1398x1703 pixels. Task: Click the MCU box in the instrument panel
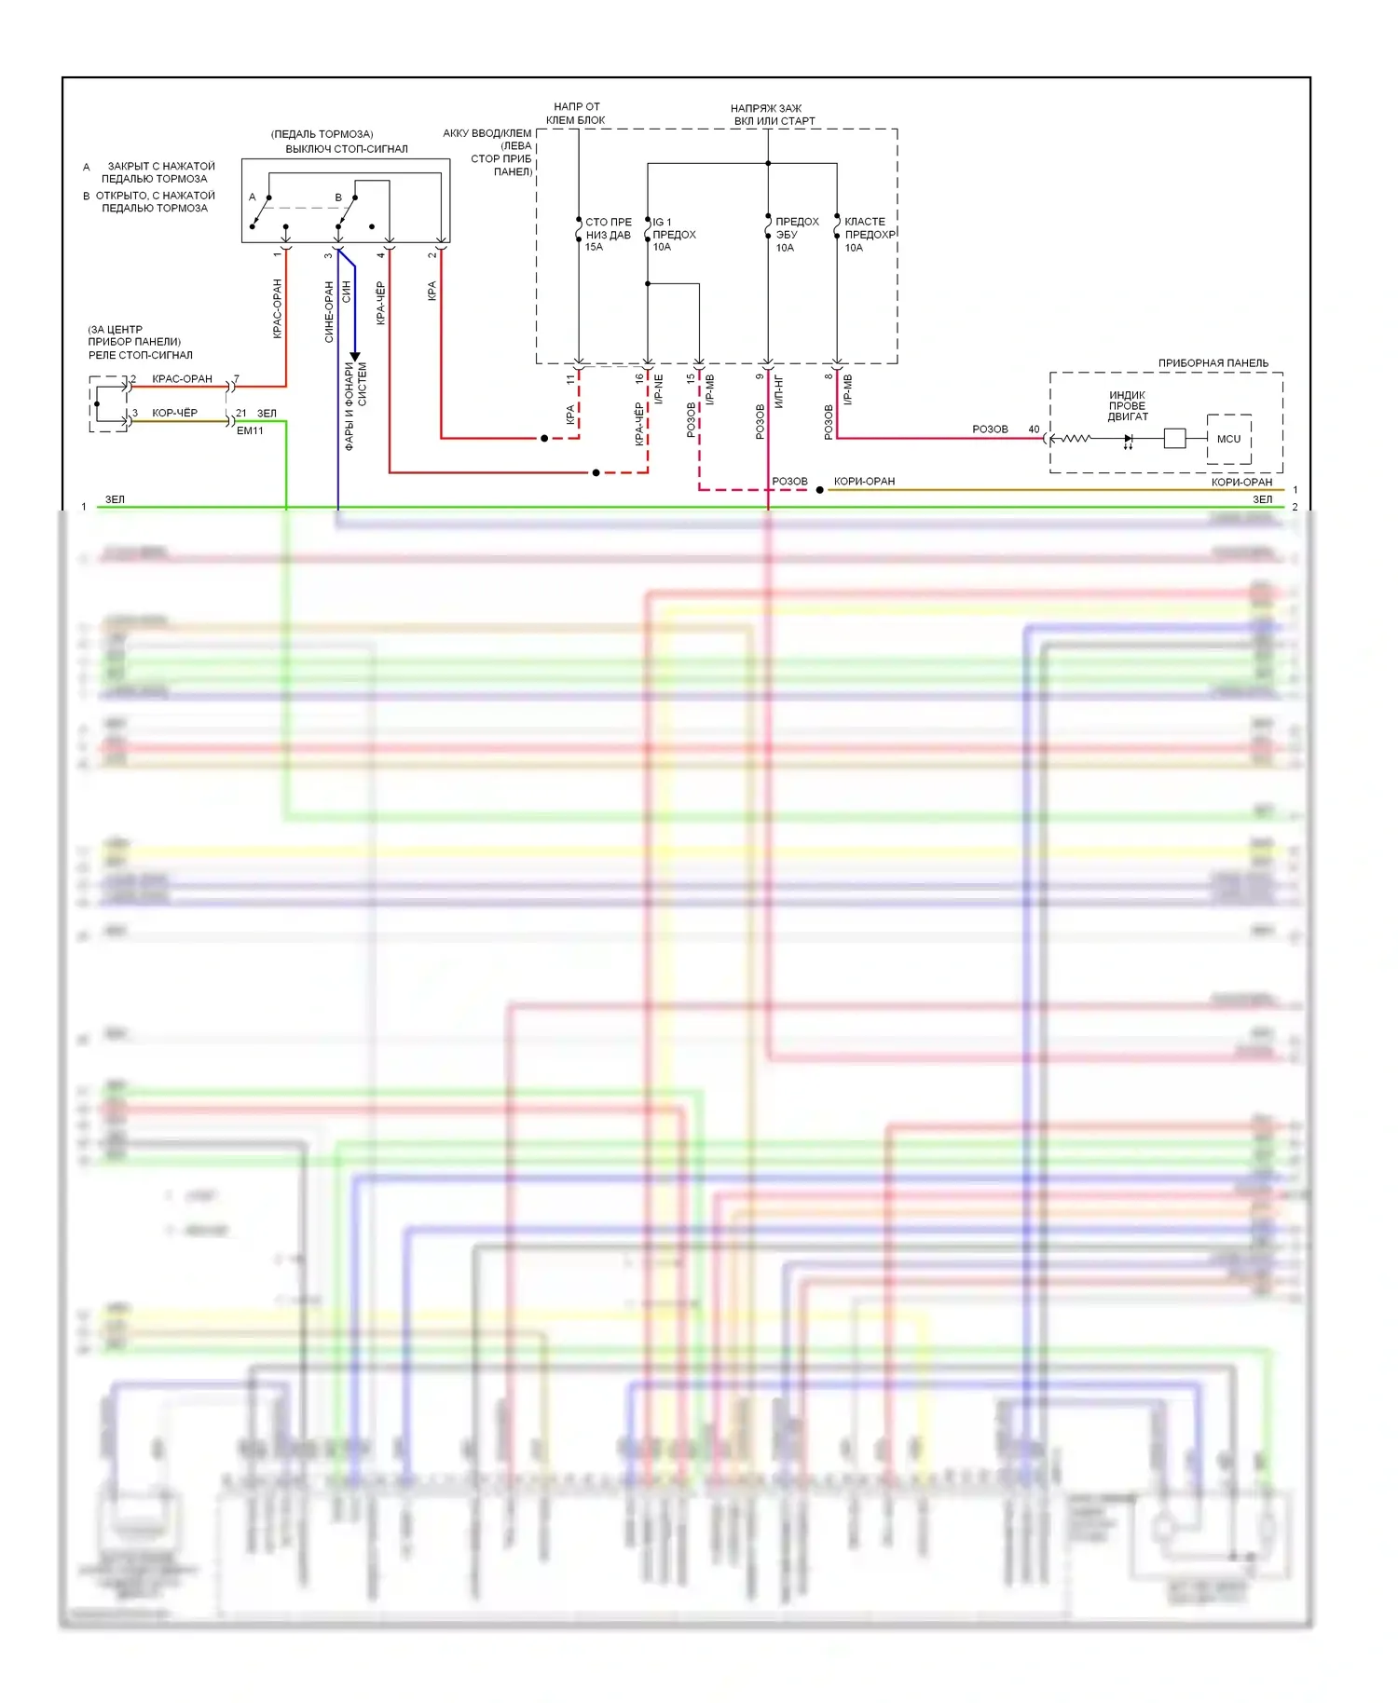(1228, 439)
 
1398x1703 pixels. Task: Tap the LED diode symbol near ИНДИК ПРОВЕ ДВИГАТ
(1129, 439)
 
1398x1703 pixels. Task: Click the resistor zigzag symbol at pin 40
(1075, 438)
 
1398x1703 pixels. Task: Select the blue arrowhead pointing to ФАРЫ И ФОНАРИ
(355, 357)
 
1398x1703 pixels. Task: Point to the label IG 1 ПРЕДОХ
(674, 228)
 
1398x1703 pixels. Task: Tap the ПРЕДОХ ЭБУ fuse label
(796, 228)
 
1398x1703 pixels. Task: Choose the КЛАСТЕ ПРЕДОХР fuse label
(868, 228)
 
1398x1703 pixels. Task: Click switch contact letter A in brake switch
(252, 198)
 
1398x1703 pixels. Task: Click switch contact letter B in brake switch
(338, 198)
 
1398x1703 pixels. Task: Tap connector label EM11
(250, 430)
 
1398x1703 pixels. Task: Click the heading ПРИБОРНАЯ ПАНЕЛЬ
(1213, 363)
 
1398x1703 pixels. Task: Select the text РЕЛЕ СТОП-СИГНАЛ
(141, 355)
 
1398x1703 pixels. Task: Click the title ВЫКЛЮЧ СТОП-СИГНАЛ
(346, 149)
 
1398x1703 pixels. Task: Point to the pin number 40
(1034, 429)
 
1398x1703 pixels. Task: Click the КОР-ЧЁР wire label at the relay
(175, 413)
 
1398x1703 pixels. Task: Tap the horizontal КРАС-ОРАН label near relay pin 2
(182, 379)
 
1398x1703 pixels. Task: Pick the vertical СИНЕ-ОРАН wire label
(329, 312)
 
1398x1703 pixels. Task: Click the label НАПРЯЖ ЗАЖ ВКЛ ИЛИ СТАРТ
(773, 115)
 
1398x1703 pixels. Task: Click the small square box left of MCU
(1174, 438)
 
